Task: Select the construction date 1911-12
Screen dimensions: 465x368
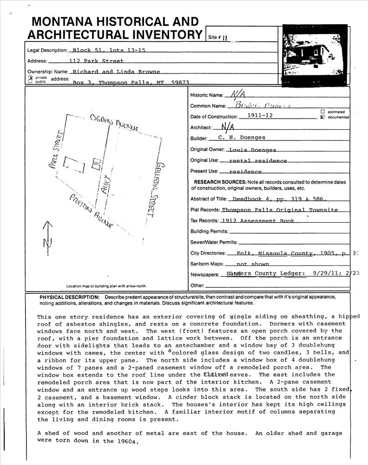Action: tap(260, 116)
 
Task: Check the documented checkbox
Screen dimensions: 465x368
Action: tap(322, 117)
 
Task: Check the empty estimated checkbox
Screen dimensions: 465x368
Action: tap(322, 112)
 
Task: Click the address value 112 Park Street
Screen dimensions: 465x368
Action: tap(96, 61)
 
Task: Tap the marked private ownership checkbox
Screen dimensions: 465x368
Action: tap(31, 77)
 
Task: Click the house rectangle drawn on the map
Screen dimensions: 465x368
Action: tap(74, 165)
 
